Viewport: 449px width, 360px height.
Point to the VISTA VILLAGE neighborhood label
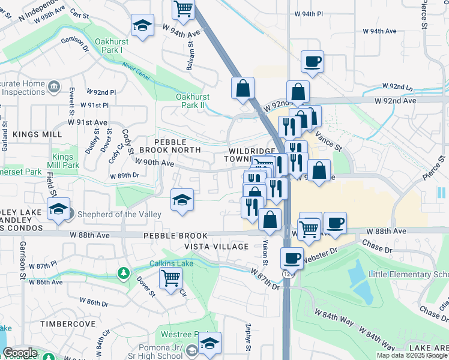[216, 247]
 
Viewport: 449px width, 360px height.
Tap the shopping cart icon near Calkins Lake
[171, 278]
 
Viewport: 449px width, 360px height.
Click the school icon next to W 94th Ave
[142, 25]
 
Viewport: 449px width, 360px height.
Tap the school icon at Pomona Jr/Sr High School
[209, 343]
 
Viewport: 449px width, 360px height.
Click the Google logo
[20, 353]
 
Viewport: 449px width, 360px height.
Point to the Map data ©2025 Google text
[412, 355]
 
